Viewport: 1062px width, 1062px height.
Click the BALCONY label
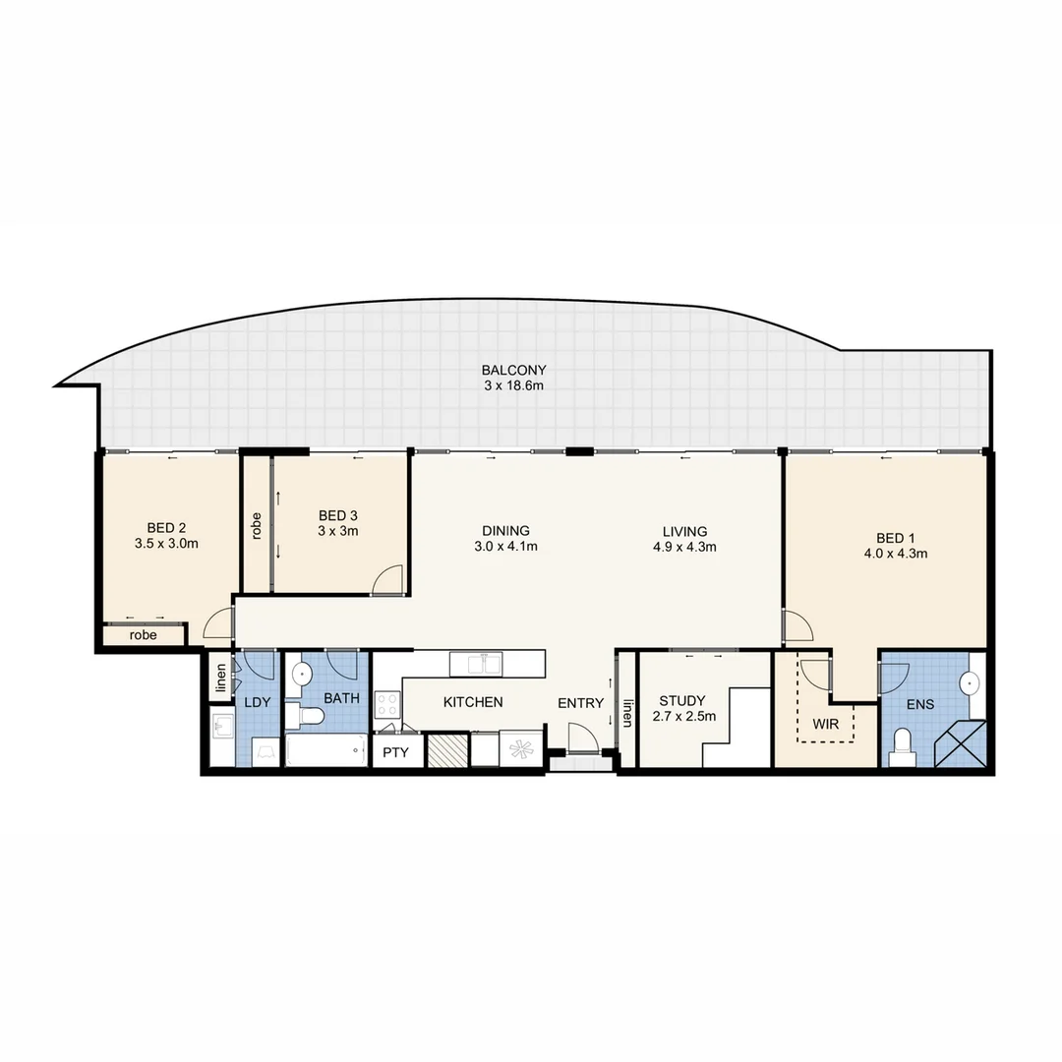[513, 370]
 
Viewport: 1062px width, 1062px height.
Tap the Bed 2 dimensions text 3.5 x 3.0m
[166, 543]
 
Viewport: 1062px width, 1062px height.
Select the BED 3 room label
[338, 515]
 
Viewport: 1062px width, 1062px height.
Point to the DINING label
[506, 530]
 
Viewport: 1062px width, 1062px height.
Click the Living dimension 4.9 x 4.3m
[685, 547]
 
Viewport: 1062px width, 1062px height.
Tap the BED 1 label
[895, 537]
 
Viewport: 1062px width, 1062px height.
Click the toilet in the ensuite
[902, 748]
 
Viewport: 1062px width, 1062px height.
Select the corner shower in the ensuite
[962, 743]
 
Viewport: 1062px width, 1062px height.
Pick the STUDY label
[682, 701]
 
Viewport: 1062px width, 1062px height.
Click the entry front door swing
[581, 736]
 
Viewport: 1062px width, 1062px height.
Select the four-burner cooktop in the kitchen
[387, 705]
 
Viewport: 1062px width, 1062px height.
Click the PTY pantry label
[396, 752]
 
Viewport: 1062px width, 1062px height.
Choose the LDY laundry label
[257, 702]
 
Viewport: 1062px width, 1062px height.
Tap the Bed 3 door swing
[387, 580]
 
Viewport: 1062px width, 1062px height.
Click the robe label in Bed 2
[144, 635]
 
